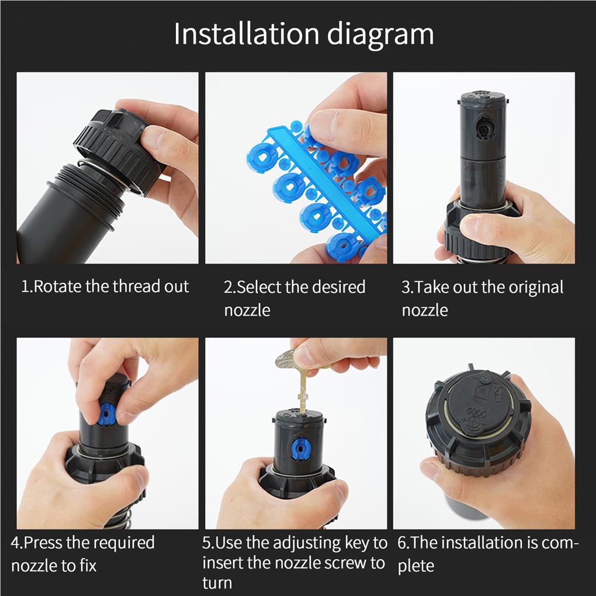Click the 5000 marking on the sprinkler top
click(x=476, y=413)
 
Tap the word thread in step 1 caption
click(x=137, y=286)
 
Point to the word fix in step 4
click(x=88, y=566)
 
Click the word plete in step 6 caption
click(x=416, y=567)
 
